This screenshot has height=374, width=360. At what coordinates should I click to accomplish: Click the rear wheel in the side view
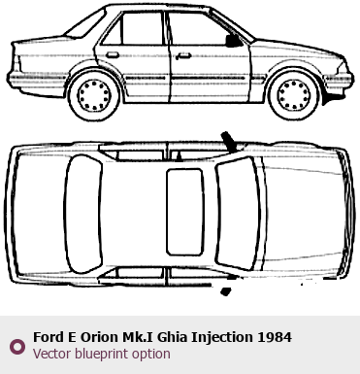click(94, 95)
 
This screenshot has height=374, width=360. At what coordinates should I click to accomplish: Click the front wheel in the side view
click(294, 95)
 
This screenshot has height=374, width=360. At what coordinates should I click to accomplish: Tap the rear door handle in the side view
click(113, 55)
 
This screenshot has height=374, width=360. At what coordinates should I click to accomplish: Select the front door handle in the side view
click(183, 56)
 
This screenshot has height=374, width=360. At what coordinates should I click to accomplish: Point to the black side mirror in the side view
click(233, 41)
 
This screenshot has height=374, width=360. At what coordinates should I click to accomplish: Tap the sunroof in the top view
click(185, 212)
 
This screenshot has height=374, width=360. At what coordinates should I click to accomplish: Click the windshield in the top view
click(239, 213)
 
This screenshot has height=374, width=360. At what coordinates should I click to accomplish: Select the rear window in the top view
click(84, 214)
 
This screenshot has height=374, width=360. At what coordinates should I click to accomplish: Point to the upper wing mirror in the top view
click(229, 141)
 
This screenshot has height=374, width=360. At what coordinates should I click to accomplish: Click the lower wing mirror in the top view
click(226, 291)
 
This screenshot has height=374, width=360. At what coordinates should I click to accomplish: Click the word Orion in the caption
click(99, 337)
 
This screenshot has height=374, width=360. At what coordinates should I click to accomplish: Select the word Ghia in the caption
click(172, 337)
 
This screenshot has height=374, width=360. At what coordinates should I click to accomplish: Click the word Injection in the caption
click(222, 338)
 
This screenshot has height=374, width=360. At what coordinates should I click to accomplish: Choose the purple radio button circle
click(17, 347)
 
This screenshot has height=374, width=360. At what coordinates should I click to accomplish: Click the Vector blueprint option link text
click(102, 354)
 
